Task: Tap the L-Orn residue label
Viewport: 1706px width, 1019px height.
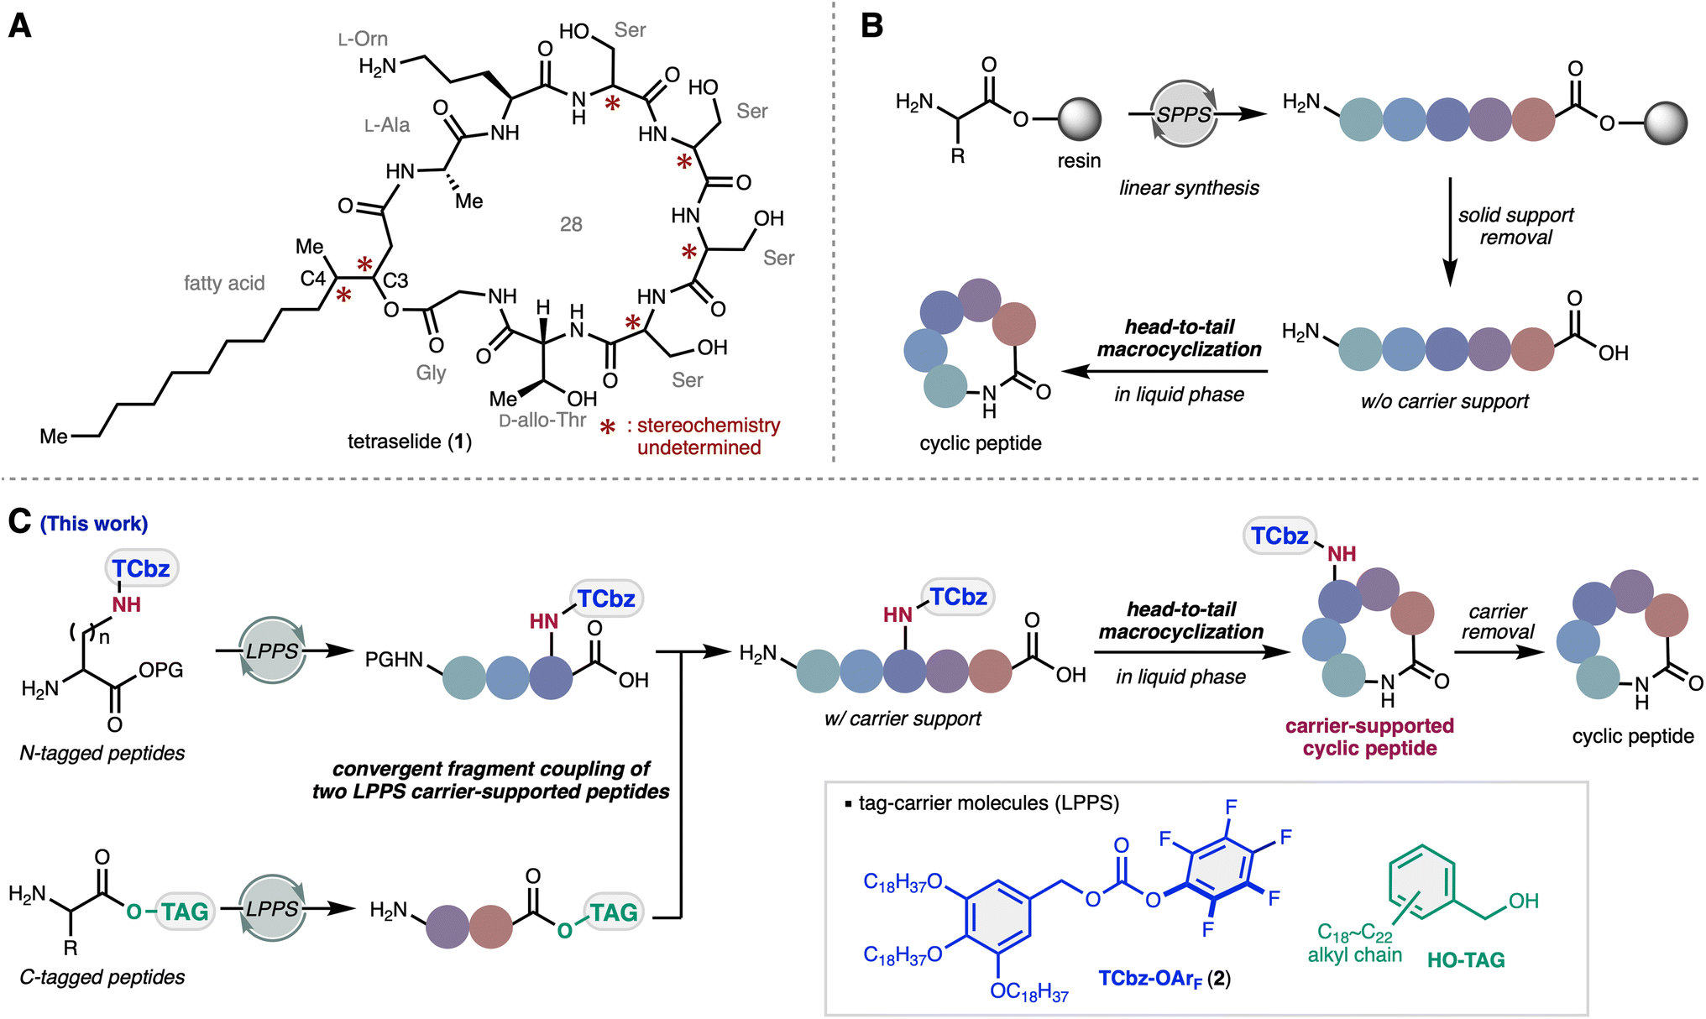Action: (x=363, y=39)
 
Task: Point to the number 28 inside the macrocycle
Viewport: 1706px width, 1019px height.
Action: (x=571, y=224)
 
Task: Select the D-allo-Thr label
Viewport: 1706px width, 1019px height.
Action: (x=542, y=421)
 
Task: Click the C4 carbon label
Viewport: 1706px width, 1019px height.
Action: (x=313, y=278)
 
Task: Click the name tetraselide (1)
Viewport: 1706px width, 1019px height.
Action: (x=410, y=442)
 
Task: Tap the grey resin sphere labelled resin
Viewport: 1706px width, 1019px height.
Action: (x=1080, y=119)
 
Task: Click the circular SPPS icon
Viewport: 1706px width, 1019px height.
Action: (x=1184, y=114)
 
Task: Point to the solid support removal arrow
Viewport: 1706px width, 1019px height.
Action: (x=1449, y=231)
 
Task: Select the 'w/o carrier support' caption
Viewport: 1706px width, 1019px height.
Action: (x=1444, y=401)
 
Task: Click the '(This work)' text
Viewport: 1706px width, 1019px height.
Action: (x=94, y=524)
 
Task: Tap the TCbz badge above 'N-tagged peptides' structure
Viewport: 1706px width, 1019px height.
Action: (x=141, y=569)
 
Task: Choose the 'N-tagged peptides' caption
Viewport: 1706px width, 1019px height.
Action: (x=102, y=753)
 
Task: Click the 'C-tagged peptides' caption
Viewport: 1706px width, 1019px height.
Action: (x=102, y=977)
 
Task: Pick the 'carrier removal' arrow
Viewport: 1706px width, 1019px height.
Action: (x=1499, y=651)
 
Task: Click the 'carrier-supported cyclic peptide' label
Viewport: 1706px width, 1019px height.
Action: (x=1369, y=737)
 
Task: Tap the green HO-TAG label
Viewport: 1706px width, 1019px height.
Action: (x=1466, y=960)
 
